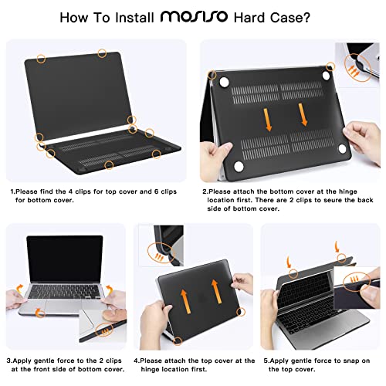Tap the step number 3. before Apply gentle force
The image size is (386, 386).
(x=11, y=360)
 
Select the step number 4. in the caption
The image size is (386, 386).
(x=137, y=360)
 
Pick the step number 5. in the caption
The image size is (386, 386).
(x=266, y=360)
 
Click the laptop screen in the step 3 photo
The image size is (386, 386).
(x=64, y=259)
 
